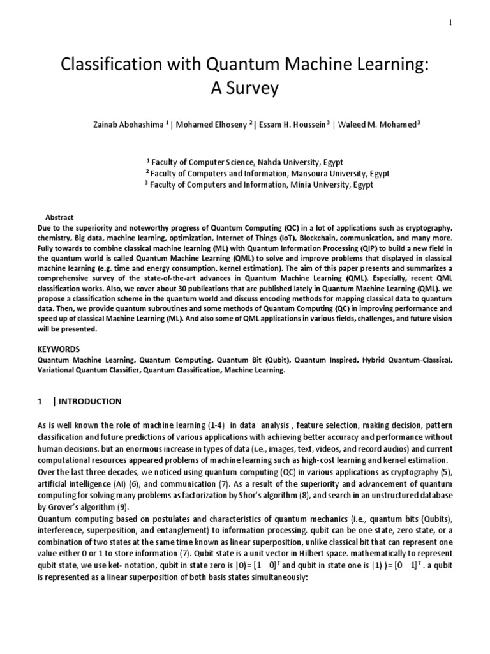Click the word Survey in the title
tap(245, 88)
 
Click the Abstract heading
tap(60, 218)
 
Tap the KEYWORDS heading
tap(59, 349)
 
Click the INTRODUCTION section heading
tap(89, 402)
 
